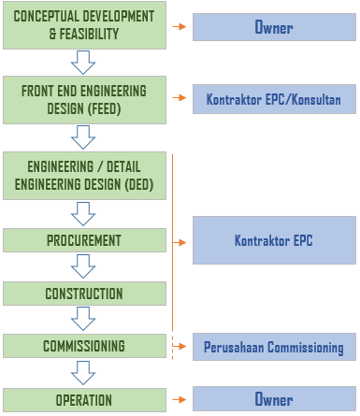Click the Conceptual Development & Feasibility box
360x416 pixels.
tap(84, 26)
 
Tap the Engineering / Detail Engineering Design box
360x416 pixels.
tap(84, 175)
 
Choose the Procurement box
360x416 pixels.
tap(84, 240)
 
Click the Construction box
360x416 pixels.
tap(84, 294)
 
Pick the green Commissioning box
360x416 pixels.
tap(84, 346)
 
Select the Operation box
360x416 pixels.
tap(84, 400)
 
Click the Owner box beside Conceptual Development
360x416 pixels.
tap(274, 27)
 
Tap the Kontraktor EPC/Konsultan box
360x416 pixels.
tap(274, 99)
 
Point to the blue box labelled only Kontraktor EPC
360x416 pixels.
tap(274, 240)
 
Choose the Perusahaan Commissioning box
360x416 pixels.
tap(274, 348)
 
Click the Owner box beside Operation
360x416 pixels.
tap(274, 399)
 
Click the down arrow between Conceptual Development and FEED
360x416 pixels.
tap(84, 64)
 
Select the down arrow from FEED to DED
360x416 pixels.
tap(84, 137)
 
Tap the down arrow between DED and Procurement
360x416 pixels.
tap(84, 214)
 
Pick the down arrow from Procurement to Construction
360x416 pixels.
tap(84, 267)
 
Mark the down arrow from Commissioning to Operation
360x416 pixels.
tap(84, 373)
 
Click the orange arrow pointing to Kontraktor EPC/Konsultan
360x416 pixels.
tap(180, 98)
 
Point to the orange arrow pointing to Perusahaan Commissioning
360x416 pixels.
tap(180, 347)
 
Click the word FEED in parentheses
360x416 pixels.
tap(101, 108)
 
